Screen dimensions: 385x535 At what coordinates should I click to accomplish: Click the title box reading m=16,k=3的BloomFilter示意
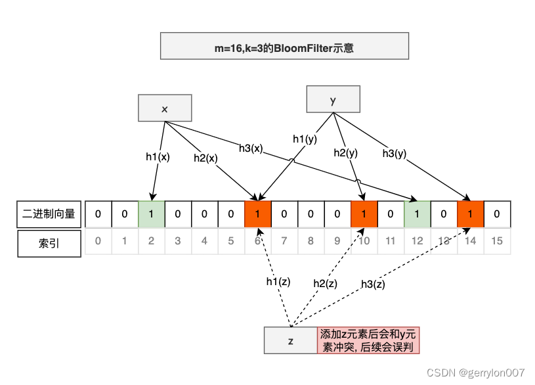point(284,47)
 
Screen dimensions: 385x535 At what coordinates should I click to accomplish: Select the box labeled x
point(164,108)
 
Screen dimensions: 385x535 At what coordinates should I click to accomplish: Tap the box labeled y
point(333,99)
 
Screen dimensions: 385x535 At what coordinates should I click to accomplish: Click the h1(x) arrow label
point(158,156)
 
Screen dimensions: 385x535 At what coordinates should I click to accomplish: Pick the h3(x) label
point(250,148)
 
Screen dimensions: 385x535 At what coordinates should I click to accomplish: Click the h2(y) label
point(346,152)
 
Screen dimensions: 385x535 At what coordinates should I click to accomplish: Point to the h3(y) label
point(395,153)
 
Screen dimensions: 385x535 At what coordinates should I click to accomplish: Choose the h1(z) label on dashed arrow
point(278,281)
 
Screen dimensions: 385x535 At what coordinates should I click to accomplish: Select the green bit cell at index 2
point(151,214)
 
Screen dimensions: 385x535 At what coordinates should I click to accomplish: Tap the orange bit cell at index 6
point(257,214)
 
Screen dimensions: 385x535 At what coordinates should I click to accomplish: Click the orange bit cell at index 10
point(364,214)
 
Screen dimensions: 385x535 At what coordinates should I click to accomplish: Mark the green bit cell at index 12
point(417,214)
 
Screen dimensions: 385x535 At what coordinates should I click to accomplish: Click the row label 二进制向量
point(49,214)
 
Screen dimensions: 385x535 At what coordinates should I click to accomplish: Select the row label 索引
point(49,241)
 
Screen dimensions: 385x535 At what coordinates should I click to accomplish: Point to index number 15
point(497,241)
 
